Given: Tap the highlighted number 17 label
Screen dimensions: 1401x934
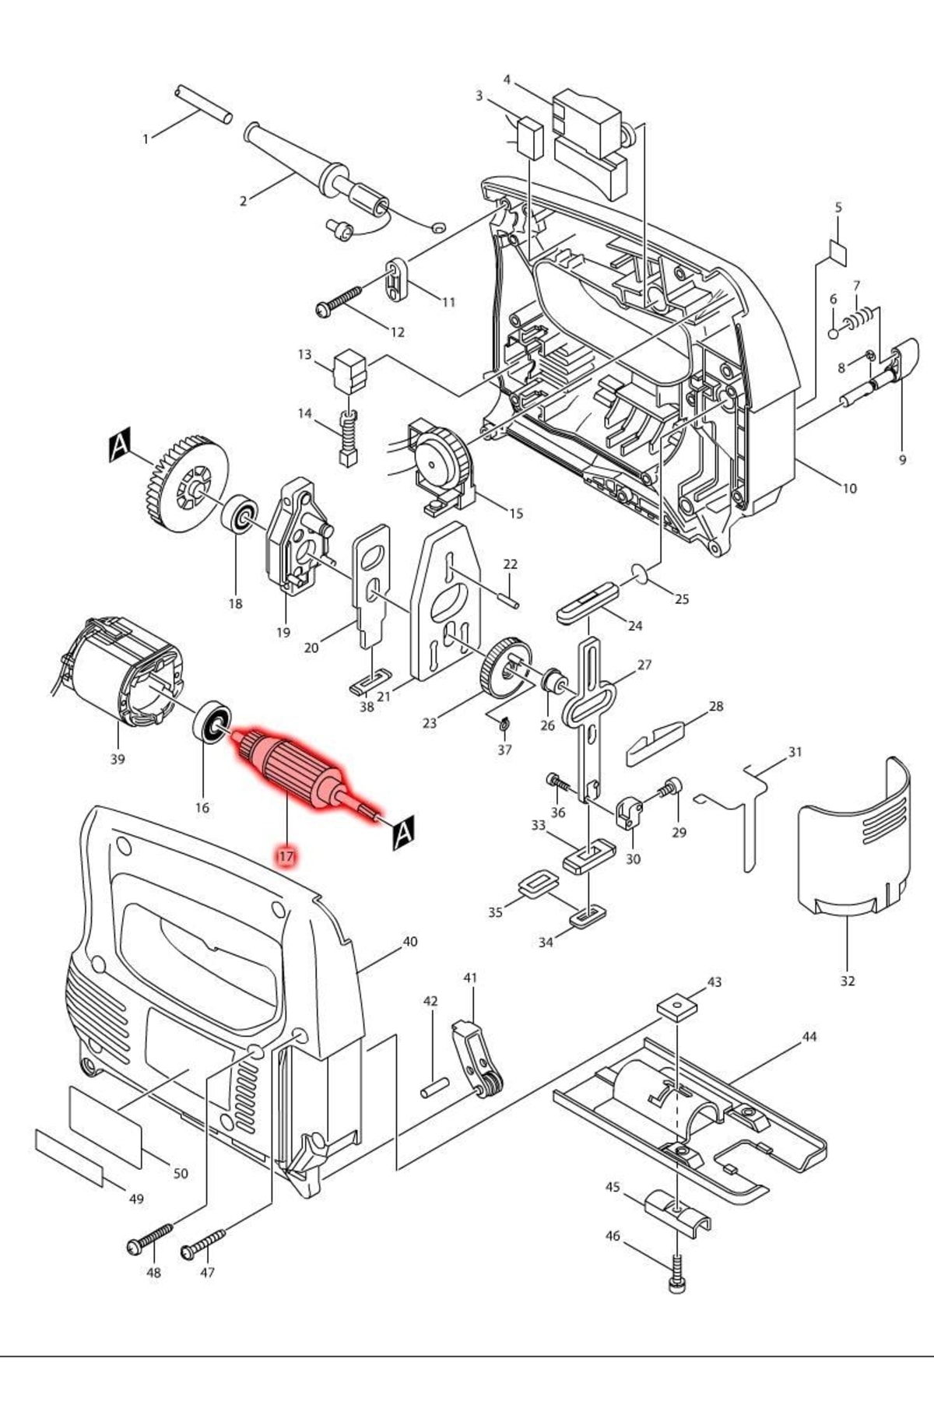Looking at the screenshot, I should point(286,856).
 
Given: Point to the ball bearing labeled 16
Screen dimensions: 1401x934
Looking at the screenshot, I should point(212,724).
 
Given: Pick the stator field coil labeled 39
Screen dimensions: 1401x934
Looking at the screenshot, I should point(125,673).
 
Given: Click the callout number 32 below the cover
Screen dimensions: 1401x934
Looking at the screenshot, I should point(848,981).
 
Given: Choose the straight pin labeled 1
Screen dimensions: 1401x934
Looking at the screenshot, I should point(203,104).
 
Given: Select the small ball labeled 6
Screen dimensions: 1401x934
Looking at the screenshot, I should point(833,333).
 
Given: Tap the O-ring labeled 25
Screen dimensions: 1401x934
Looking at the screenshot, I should point(641,574).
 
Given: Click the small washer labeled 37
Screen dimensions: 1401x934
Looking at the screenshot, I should point(504,725).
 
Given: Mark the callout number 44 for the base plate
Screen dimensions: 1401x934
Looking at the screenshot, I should point(809,1037).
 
